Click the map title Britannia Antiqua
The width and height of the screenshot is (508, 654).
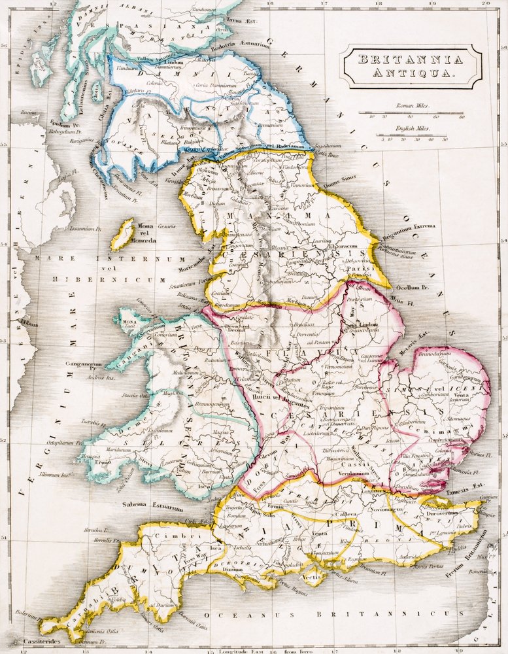click(411, 66)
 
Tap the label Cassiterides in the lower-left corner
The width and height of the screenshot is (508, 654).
click(23, 641)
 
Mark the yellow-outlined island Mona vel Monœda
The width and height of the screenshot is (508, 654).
click(122, 235)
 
